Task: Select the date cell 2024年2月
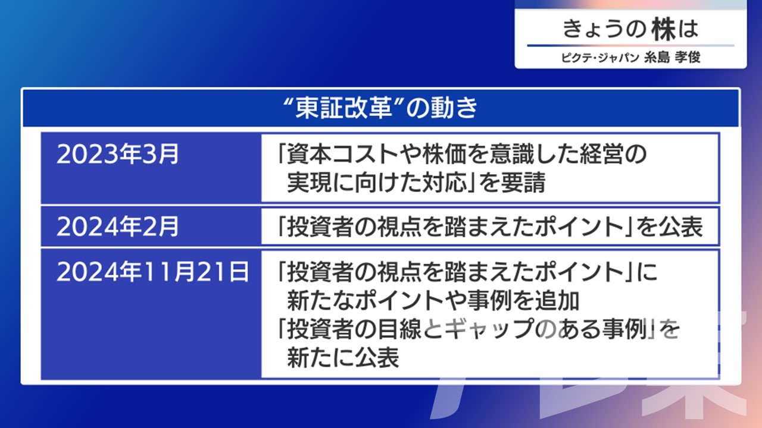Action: point(117,226)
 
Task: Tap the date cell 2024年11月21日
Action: point(153,272)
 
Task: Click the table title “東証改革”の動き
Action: point(381,108)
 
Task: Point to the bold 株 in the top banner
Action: point(663,29)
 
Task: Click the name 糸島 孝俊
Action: point(672,58)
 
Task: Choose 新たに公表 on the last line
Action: point(343,357)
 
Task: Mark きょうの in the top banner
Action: point(604,29)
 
